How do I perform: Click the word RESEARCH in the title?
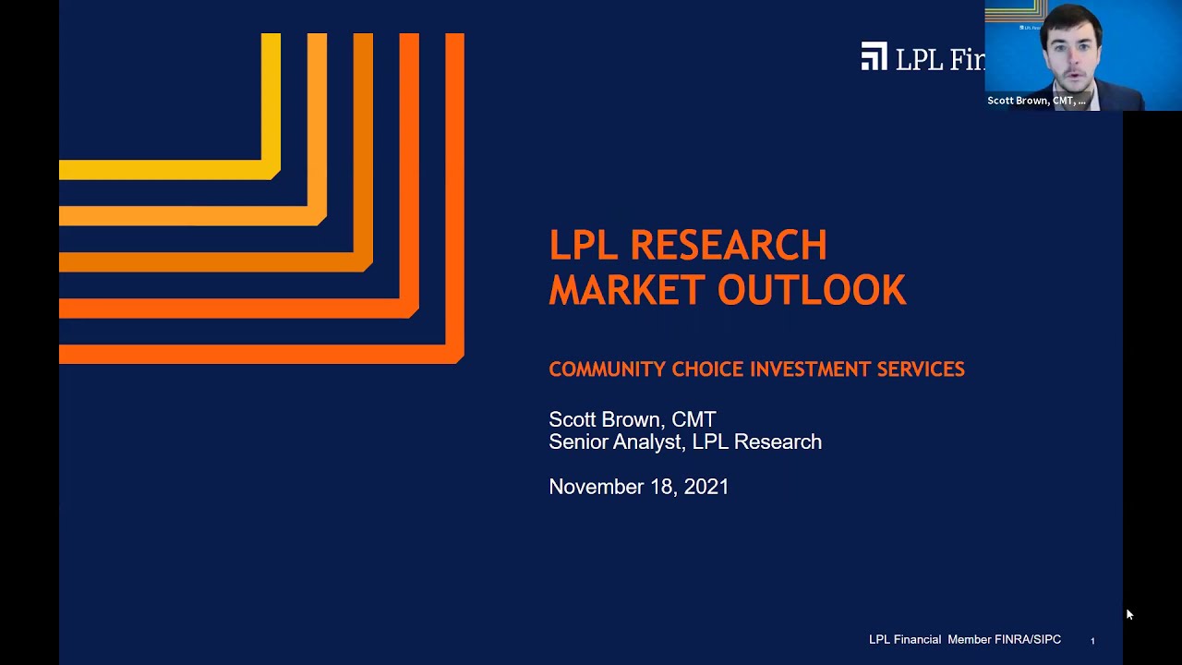pos(728,246)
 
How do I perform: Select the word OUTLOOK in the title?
pos(812,290)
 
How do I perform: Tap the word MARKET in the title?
pos(627,290)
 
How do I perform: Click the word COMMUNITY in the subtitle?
pos(607,369)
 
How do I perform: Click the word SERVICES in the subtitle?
pos(921,369)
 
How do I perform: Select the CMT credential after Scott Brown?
pos(694,420)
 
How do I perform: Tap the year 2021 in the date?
pos(706,487)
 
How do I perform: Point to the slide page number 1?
pos(1092,641)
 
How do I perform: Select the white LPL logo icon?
pos(874,57)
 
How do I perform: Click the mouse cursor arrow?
pos(1128,614)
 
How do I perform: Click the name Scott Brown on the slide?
pos(604,420)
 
